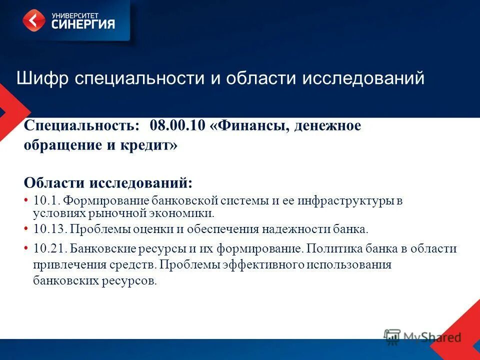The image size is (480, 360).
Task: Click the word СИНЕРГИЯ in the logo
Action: pyautogui.click(x=83, y=24)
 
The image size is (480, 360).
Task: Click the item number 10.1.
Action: pyautogui.click(x=47, y=201)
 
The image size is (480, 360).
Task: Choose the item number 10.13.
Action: pyautogui.click(x=49, y=229)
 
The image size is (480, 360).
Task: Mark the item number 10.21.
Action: pyautogui.click(x=49, y=248)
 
